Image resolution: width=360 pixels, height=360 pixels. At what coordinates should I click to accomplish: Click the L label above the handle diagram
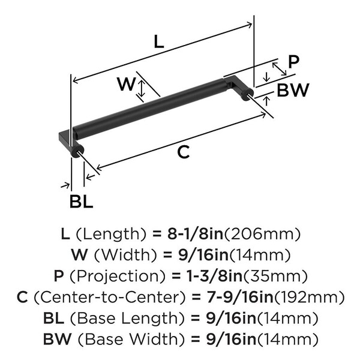(x=158, y=41)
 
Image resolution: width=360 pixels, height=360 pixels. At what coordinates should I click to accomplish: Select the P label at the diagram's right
(x=293, y=61)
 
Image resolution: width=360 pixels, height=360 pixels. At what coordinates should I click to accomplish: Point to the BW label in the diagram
(x=293, y=90)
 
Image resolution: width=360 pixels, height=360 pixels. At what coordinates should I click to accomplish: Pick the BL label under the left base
(x=82, y=201)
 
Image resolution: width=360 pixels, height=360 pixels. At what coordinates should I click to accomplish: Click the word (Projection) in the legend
(x=110, y=275)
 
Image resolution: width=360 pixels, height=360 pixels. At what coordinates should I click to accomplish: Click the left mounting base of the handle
(x=67, y=141)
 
